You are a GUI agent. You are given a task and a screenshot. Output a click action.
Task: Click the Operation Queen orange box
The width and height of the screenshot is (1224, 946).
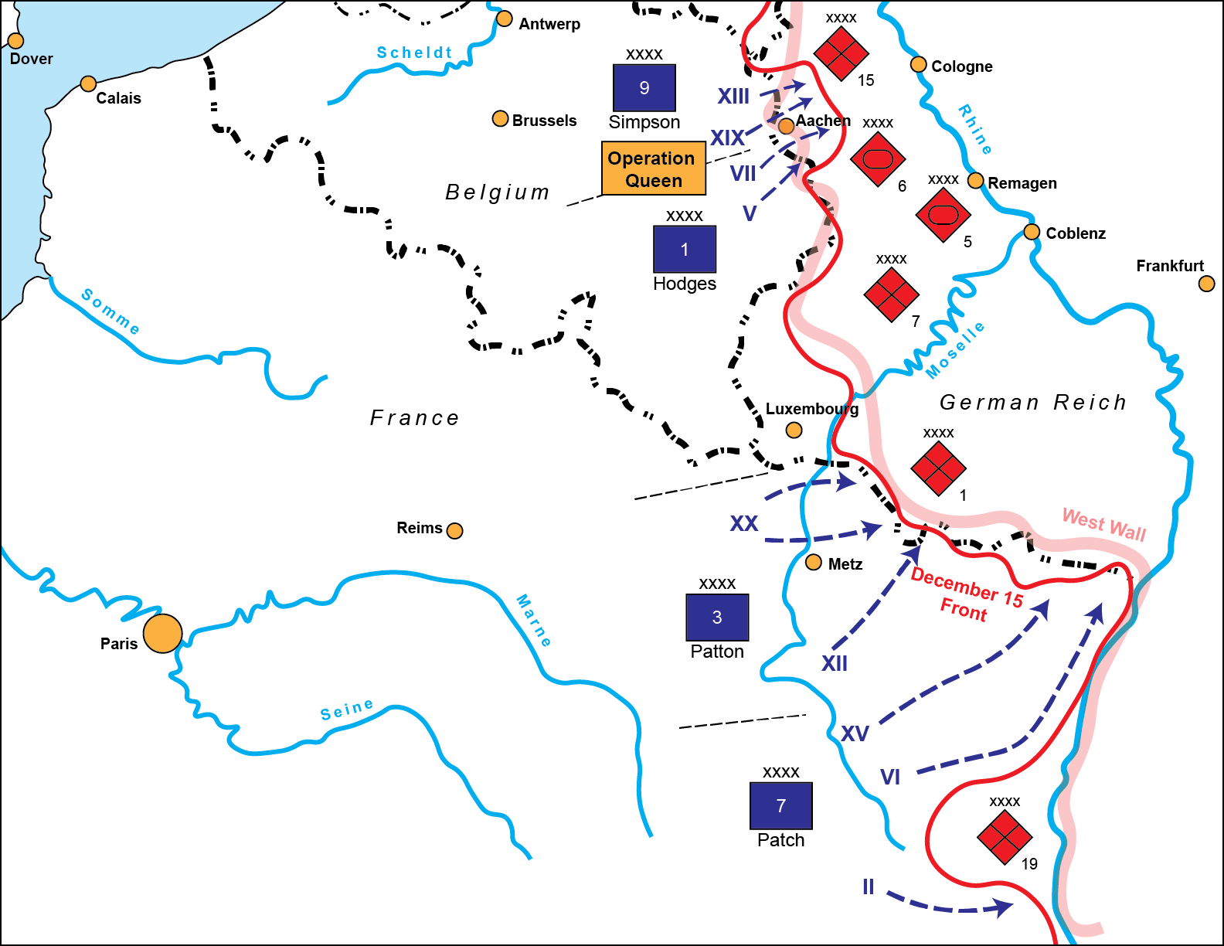click(x=653, y=168)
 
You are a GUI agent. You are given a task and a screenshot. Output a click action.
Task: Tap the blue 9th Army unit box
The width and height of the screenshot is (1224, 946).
click(x=644, y=88)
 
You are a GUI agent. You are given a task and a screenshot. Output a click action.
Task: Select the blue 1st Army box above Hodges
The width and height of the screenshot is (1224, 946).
click(x=684, y=249)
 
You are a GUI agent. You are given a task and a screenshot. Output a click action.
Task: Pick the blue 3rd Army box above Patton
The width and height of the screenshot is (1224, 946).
click(x=716, y=617)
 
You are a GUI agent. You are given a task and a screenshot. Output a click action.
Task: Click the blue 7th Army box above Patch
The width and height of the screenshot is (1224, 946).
click(x=780, y=805)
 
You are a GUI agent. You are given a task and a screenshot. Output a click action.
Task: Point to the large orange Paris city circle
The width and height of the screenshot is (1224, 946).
click(x=162, y=633)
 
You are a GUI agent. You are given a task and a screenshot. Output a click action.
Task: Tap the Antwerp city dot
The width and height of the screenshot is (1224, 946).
click(x=504, y=19)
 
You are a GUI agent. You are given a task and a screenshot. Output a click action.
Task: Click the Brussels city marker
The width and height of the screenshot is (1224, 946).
click(x=500, y=119)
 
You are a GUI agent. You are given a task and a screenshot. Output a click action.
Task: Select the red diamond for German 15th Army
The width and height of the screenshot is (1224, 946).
click(x=841, y=53)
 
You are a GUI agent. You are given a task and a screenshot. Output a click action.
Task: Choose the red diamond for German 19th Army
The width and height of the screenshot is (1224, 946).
click(x=1005, y=836)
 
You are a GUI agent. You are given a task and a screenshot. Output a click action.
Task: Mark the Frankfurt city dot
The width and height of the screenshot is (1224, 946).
click(x=1206, y=284)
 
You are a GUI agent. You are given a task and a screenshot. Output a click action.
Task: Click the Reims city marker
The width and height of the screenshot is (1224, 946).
click(x=455, y=530)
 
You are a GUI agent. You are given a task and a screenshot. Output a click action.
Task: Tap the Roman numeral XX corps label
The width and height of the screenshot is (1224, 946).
click(x=744, y=524)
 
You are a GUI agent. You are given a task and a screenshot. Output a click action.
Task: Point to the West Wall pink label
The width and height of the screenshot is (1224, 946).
click(x=1103, y=525)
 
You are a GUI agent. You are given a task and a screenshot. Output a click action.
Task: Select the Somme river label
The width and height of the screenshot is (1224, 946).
click(x=110, y=311)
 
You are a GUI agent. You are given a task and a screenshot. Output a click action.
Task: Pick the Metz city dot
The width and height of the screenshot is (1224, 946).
click(x=814, y=563)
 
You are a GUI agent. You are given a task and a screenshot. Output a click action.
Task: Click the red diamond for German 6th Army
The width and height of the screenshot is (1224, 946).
click(x=877, y=159)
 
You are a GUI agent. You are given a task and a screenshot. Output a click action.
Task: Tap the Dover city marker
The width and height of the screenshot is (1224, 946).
click(x=15, y=40)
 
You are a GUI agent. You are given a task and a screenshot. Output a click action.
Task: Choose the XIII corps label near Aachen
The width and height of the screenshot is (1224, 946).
click(x=733, y=97)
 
